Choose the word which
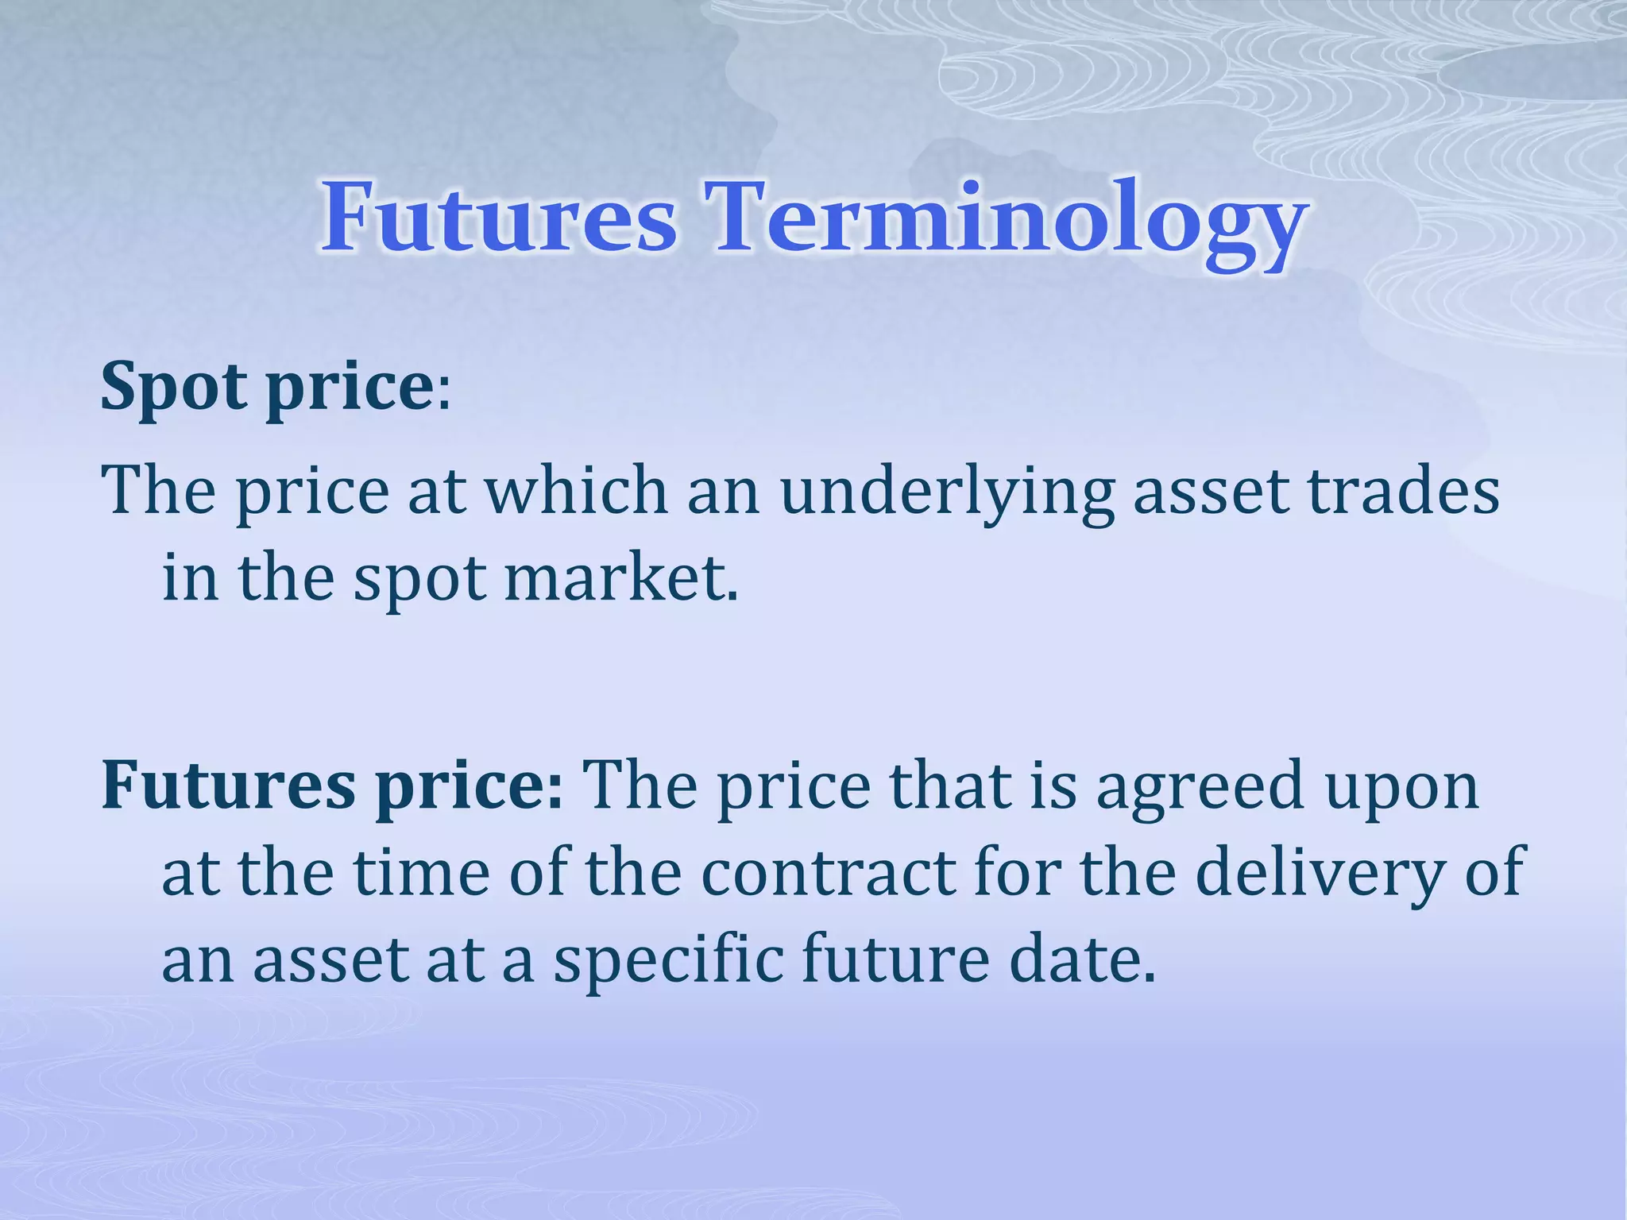point(577,491)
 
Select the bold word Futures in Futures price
point(228,785)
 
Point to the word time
point(421,873)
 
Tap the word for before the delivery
point(1018,873)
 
